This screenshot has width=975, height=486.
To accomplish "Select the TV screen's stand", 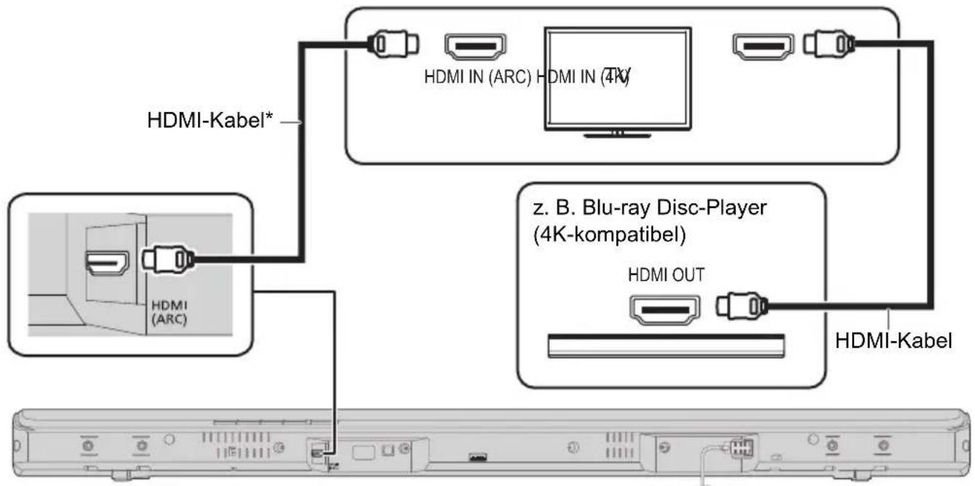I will point(617,132).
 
